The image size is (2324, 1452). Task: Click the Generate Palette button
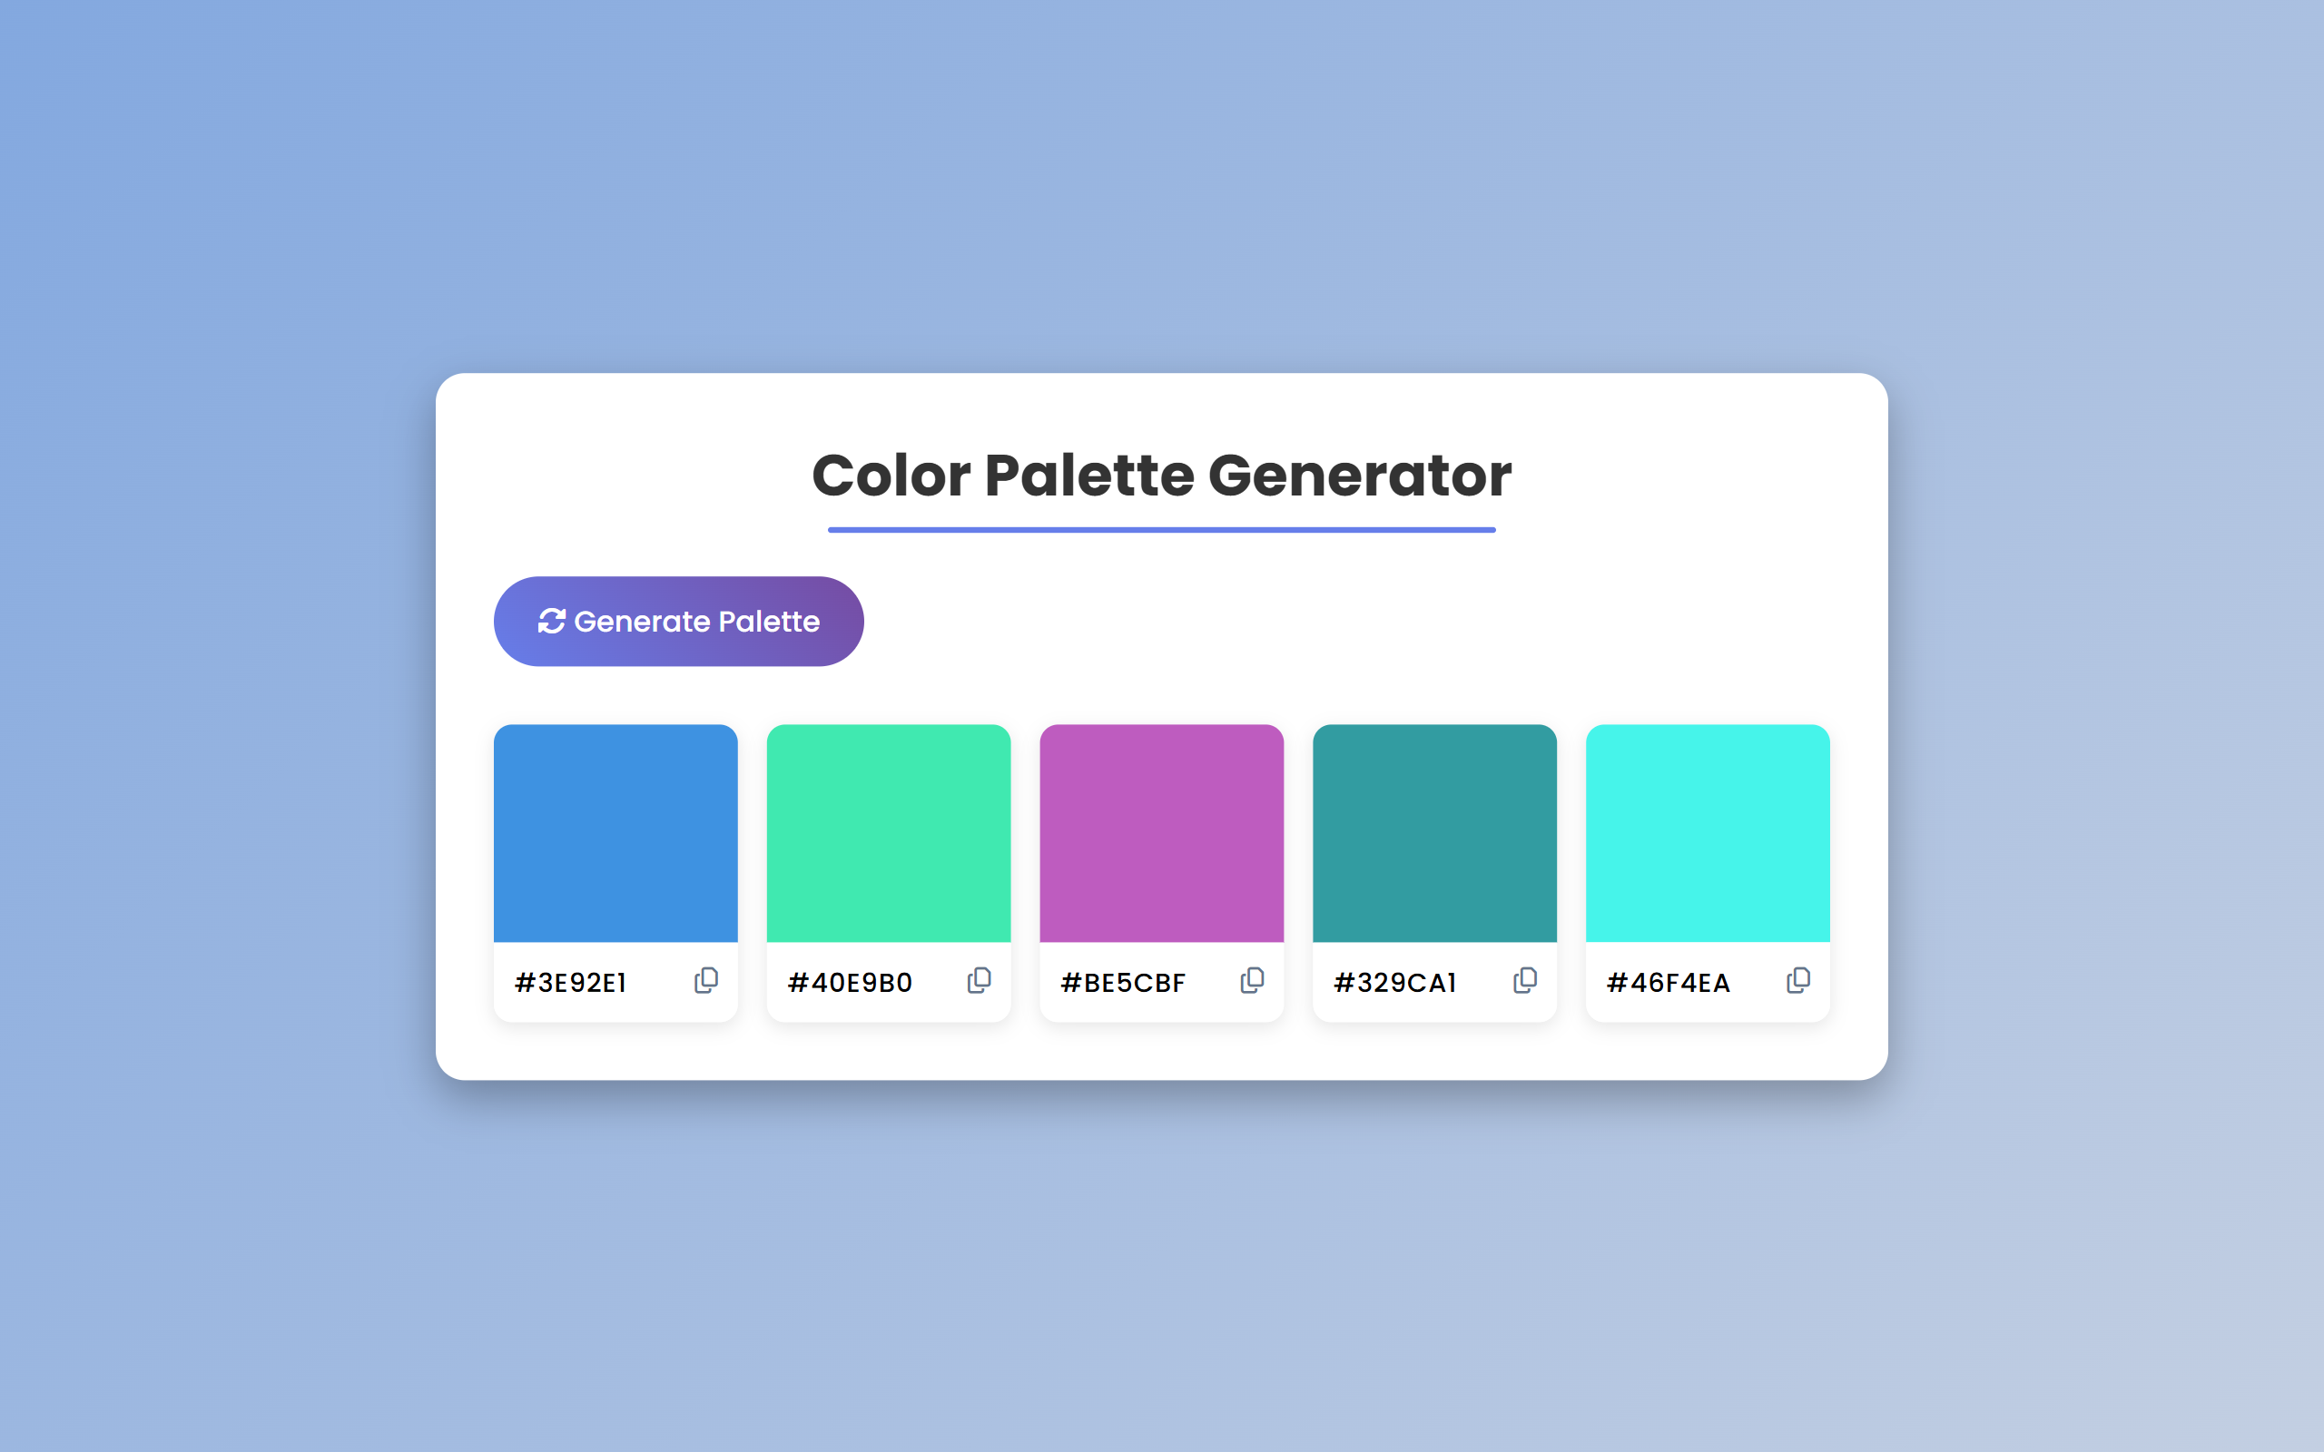678,622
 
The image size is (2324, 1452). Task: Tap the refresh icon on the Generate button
551,622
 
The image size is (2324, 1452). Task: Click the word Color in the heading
891,476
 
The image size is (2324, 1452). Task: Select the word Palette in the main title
1087,476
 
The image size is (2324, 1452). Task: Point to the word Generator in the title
1360,476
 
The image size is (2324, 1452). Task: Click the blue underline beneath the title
1162,530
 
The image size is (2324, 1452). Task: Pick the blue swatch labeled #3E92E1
615,834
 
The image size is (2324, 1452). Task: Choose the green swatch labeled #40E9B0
889,834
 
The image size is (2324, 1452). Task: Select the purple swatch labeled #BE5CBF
1162,834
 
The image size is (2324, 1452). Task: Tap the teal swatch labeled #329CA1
1434,834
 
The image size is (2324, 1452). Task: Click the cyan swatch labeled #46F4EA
1708,834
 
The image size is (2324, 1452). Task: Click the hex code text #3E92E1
570,983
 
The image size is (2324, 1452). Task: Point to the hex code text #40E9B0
850,983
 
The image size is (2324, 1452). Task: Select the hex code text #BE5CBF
1123,983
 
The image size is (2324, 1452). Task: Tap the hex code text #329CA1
1394,983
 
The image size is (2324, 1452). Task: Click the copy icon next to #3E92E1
706,980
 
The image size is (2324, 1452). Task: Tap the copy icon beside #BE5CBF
1252,980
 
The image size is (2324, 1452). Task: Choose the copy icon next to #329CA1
1525,980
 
